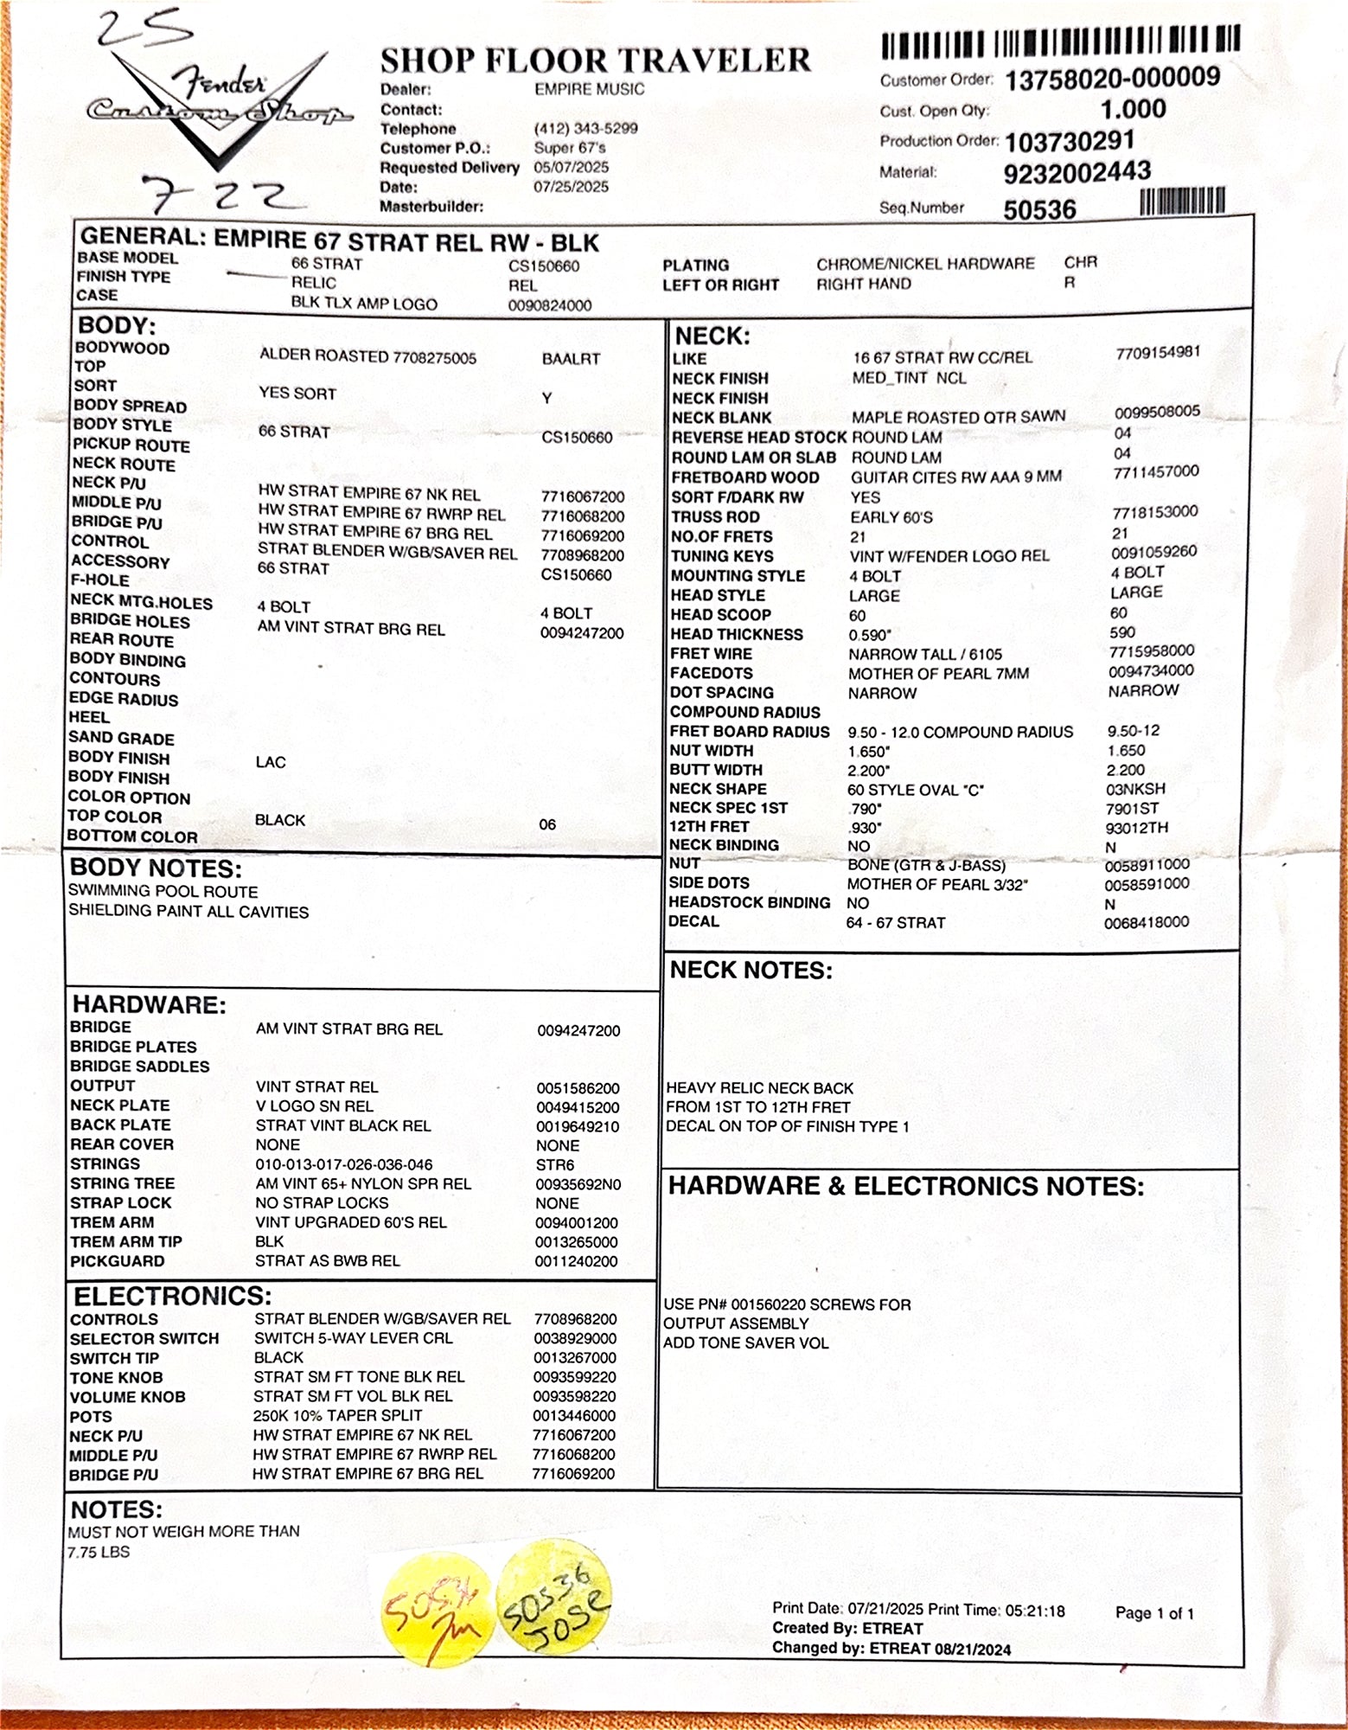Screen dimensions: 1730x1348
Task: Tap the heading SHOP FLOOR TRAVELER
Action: [x=596, y=61]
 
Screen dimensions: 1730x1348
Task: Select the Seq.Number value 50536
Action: [x=1039, y=209]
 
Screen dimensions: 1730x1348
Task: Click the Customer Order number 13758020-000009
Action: [x=1112, y=79]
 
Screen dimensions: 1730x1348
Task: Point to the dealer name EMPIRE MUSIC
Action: [x=589, y=89]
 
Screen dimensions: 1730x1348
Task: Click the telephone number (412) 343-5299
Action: [x=585, y=129]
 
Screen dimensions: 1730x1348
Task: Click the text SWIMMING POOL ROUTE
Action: [x=163, y=891]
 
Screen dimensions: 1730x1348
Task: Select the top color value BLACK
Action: [x=279, y=819]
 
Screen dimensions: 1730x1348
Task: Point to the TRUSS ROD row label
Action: [x=715, y=516]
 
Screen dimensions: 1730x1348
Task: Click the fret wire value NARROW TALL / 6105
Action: [x=925, y=655]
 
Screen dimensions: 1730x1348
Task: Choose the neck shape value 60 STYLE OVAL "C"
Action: [x=915, y=790]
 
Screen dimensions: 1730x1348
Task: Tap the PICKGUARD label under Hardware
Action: [x=117, y=1261]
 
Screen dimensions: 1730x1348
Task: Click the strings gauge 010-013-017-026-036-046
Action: [x=343, y=1164]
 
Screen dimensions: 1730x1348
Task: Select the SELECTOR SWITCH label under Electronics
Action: [x=144, y=1338]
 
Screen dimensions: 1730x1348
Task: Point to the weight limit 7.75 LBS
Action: [x=99, y=1552]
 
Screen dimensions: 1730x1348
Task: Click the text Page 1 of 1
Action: [x=1154, y=1613]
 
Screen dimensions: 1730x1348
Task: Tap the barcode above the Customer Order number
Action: [x=1061, y=42]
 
